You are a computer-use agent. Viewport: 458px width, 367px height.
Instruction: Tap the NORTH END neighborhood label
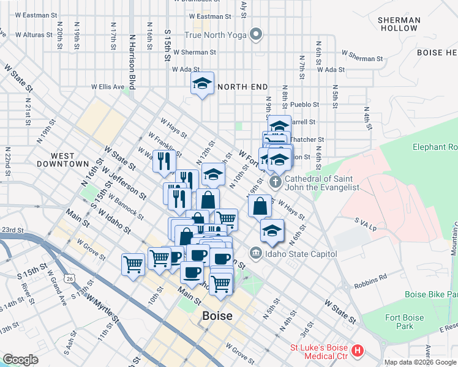click(242, 87)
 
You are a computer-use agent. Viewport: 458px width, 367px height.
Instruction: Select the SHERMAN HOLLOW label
click(399, 24)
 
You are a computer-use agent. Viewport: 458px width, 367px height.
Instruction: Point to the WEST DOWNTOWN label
click(62, 160)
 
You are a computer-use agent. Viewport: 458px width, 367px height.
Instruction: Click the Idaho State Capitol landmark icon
click(255, 253)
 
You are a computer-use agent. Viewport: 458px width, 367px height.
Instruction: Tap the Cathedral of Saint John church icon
click(276, 181)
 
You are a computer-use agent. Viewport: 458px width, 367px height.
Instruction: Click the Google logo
click(20, 359)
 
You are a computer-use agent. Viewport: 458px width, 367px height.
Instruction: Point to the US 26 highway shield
click(71, 279)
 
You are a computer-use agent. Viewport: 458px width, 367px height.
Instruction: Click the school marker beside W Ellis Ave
click(202, 84)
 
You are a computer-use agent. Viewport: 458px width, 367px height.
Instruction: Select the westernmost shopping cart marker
click(133, 264)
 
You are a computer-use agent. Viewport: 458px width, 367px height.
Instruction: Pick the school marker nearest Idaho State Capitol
click(272, 231)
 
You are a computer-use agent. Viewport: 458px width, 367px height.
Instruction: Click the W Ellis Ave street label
click(108, 87)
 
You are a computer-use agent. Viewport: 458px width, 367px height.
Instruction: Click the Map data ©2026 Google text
click(420, 362)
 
